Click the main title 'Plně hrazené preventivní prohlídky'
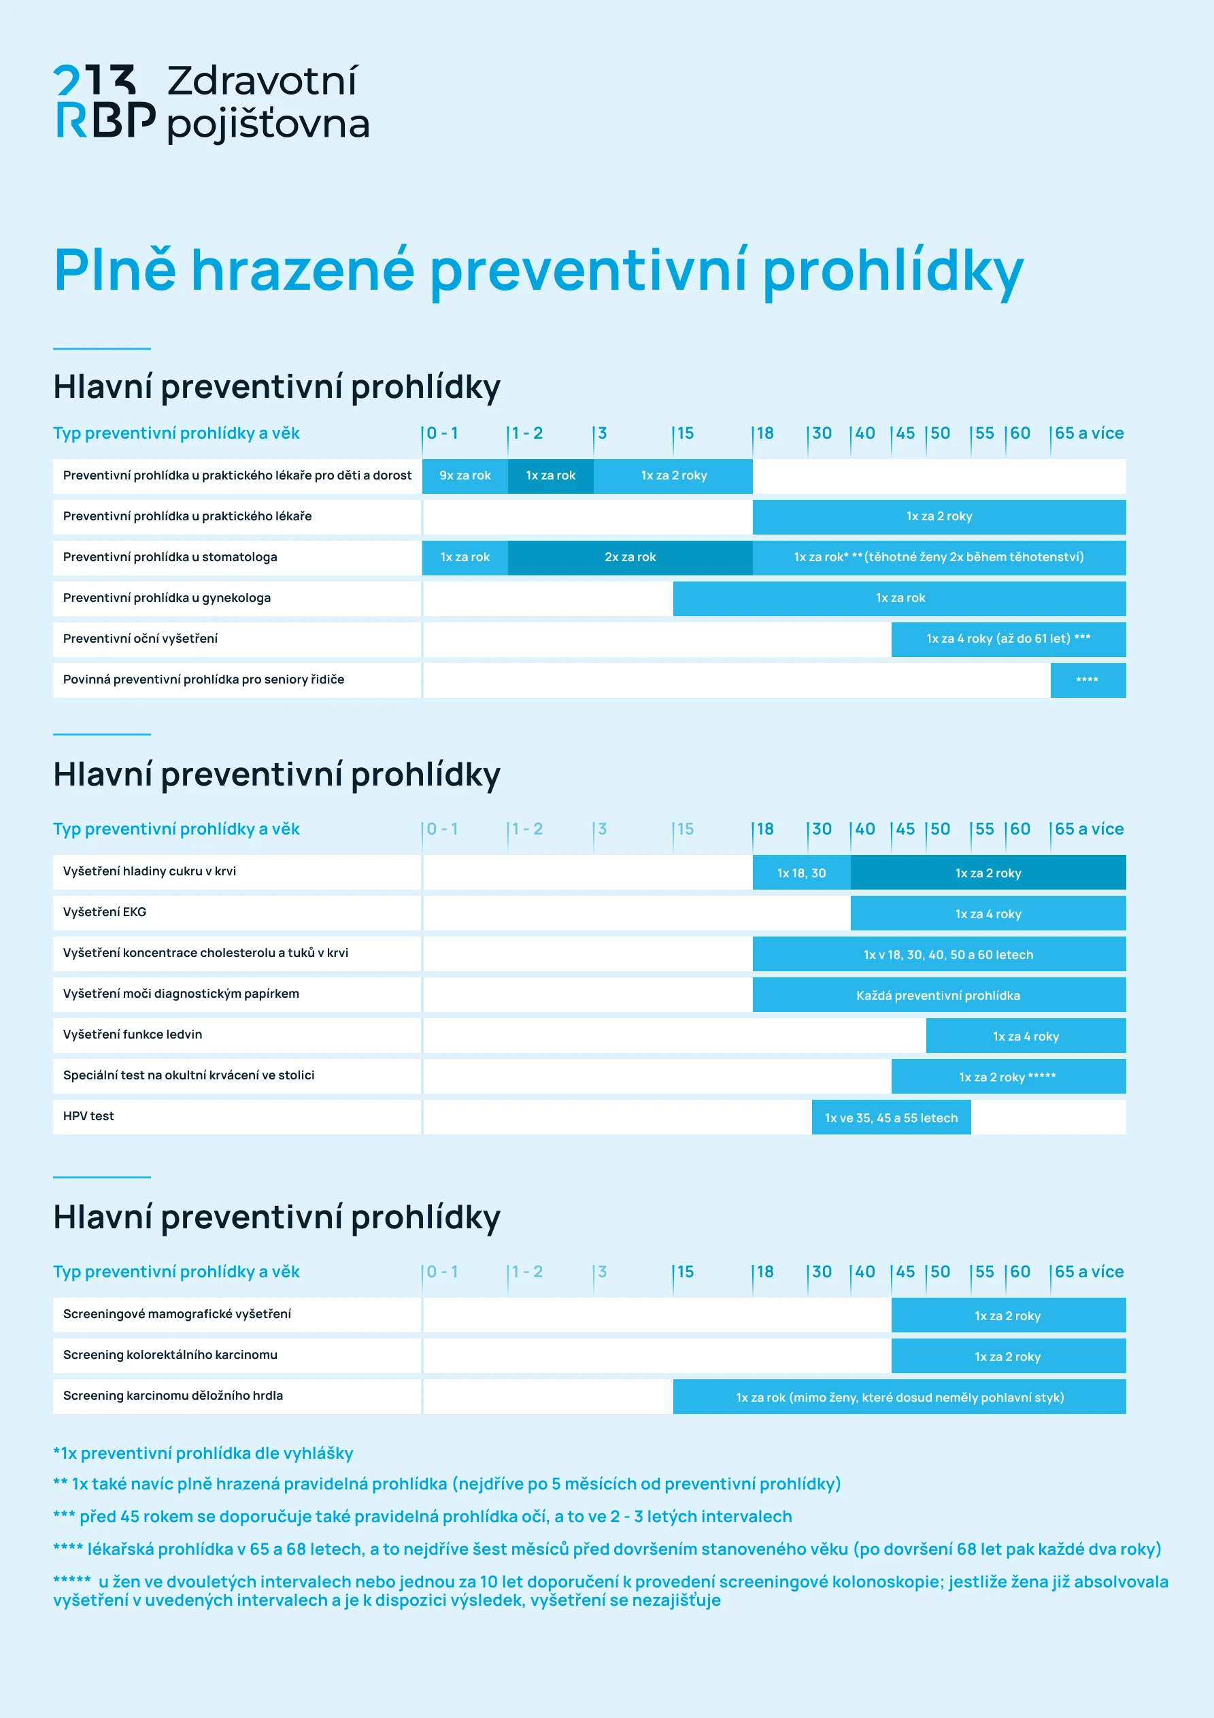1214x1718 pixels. coord(537,270)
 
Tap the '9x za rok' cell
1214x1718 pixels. coord(465,476)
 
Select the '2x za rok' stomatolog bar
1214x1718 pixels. coord(630,558)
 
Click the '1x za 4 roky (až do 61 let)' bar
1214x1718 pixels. coord(1007,639)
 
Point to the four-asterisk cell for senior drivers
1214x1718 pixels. coord(1087,680)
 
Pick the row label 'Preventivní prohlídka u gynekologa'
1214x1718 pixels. coord(167,598)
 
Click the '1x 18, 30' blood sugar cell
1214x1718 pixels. coord(801,873)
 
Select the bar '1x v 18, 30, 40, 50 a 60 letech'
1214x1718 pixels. coord(947,955)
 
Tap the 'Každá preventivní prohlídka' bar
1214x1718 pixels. coord(938,996)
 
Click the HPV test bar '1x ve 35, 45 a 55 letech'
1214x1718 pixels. coord(891,1118)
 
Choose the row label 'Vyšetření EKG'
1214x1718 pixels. coord(105,912)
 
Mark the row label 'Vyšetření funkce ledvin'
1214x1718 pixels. coord(133,1035)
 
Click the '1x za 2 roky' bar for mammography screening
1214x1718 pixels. coord(1007,1316)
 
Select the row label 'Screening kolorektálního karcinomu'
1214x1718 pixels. coord(170,1355)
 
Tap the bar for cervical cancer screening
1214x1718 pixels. coord(899,1398)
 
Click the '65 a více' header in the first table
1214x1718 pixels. coord(1088,434)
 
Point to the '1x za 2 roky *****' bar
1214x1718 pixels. coord(1007,1077)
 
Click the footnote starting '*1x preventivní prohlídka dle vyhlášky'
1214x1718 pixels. coord(203,1454)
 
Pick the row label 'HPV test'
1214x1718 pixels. coord(88,1116)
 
